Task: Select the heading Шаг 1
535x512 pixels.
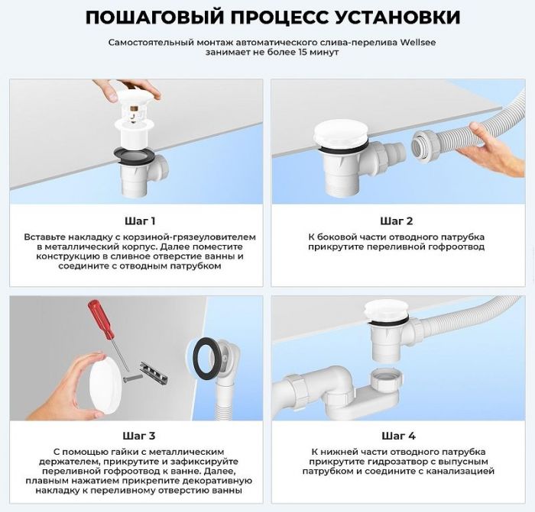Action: tap(139, 221)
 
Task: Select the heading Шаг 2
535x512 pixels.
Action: tap(397, 221)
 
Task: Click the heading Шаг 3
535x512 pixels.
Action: tap(139, 436)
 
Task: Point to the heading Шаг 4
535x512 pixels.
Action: tap(397, 436)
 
